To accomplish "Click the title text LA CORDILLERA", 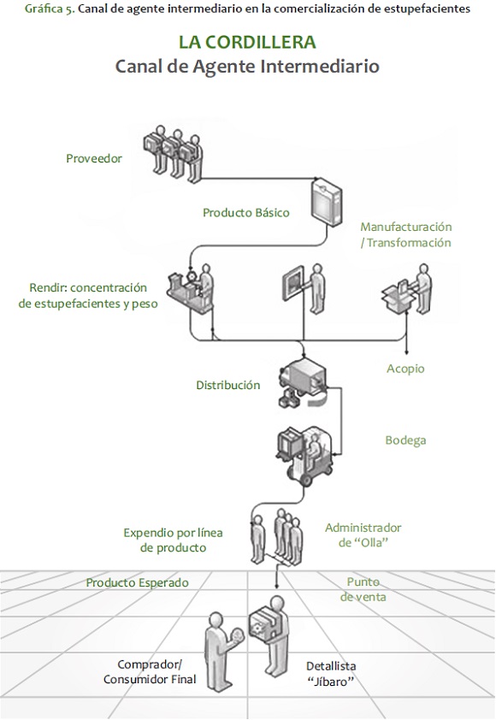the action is (x=247, y=42).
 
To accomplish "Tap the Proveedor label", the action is (x=94, y=158).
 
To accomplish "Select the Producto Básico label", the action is (x=246, y=213).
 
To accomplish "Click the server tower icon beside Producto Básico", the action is (x=327, y=202).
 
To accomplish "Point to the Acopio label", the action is (x=405, y=369).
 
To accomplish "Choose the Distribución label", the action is (x=228, y=385).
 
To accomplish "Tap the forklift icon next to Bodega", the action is (x=305, y=456).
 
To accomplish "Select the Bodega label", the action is (x=405, y=440).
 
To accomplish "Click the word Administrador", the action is (x=363, y=528).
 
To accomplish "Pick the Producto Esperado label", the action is (x=138, y=582).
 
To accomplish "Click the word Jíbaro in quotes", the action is (x=331, y=682).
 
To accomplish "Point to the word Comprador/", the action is (x=150, y=664).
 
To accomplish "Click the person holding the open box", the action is (x=423, y=288).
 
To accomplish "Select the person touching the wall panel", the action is (x=316, y=288).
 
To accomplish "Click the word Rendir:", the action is (x=48, y=288).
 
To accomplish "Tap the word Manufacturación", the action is (x=406, y=227).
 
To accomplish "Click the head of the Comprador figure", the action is (x=216, y=619).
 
